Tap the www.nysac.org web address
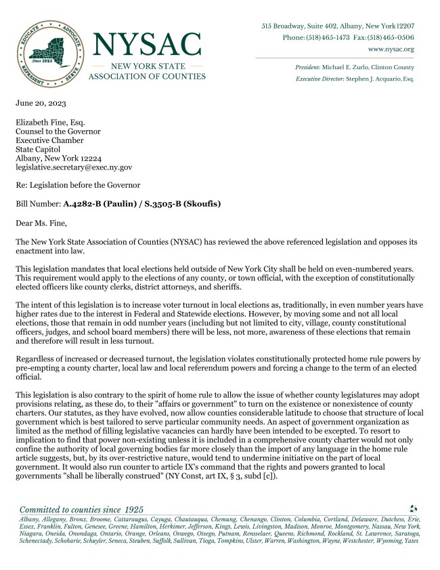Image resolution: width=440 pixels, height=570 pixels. tap(391, 49)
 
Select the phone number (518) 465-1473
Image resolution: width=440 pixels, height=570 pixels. tap(328, 37)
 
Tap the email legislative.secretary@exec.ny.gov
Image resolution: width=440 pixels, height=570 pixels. tap(74, 167)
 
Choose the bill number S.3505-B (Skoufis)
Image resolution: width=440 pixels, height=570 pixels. tap(183, 203)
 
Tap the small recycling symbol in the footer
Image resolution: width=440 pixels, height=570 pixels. tap(414, 508)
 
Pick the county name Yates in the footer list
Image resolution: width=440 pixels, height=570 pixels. tap(411, 540)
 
